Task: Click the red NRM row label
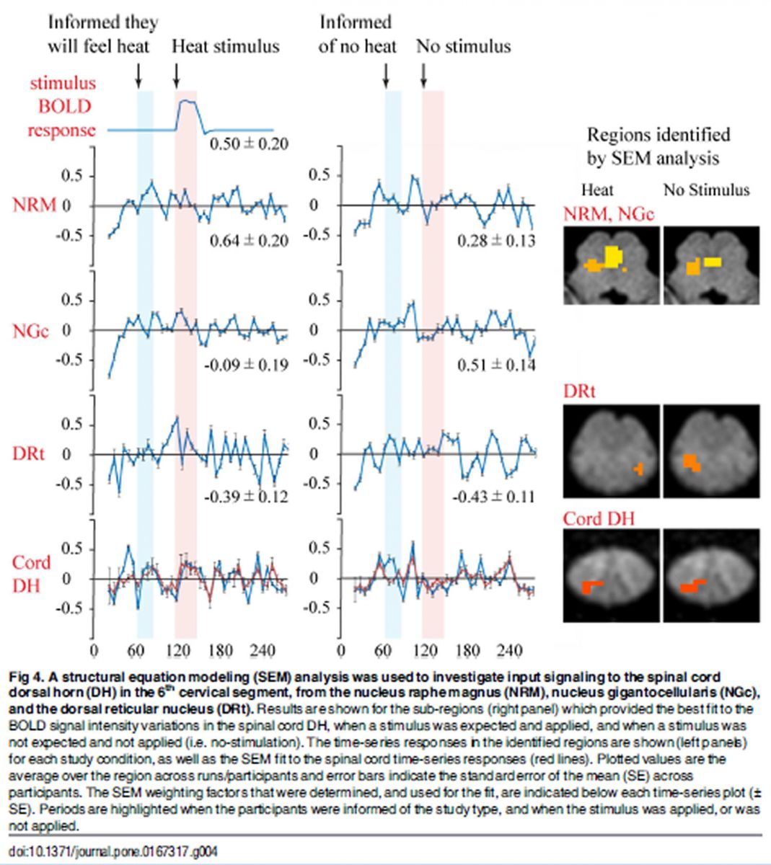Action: pyautogui.click(x=34, y=205)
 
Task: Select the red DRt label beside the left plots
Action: pyautogui.click(x=28, y=453)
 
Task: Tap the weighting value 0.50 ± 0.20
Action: pyautogui.click(x=249, y=144)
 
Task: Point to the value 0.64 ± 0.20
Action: pyautogui.click(x=249, y=241)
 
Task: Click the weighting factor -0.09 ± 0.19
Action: pyautogui.click(x=246, y=365)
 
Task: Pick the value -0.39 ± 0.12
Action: pyautogui.click(x=246, y=497)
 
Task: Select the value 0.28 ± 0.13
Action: pyautogui.click(x=497, y=241)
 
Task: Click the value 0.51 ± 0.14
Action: pyautogui.click(x=497, y=365)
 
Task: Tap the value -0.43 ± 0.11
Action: pyautogui.click(x=494, y=497)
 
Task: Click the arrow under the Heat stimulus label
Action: pyautogui.click(x=177, y=74)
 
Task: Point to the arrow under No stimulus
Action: pyautogui.click(x=423, y=74)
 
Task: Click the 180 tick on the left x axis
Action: pyautogui.click(x=221, y=652)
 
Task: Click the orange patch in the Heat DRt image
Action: pyautogui.click(x=638, y=469)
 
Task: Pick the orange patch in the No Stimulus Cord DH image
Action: pyautogui.click(x=693, y=587)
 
